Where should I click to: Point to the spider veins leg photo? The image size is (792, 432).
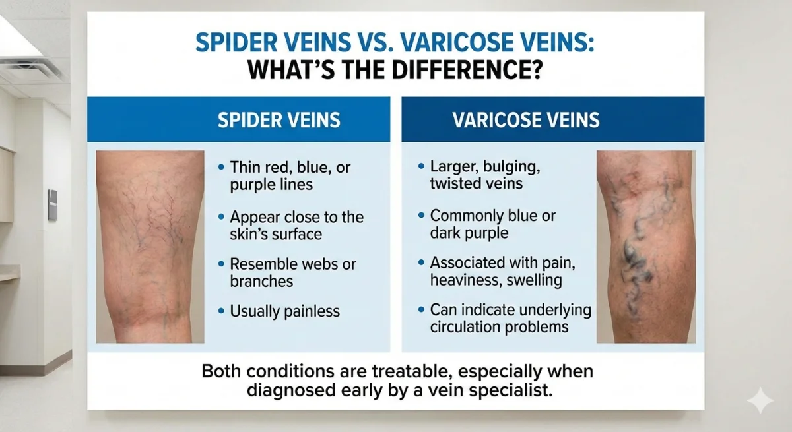(x=151, y=246)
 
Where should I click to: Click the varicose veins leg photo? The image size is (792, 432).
(x=637, y=246)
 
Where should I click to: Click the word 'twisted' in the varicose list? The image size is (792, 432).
(x=455, y=183)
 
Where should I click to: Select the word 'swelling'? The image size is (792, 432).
(x=535, y=280)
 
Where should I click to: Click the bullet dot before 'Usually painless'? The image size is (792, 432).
(x=220, y=310)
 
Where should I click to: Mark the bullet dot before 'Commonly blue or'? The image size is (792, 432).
(x=420, y=216)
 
